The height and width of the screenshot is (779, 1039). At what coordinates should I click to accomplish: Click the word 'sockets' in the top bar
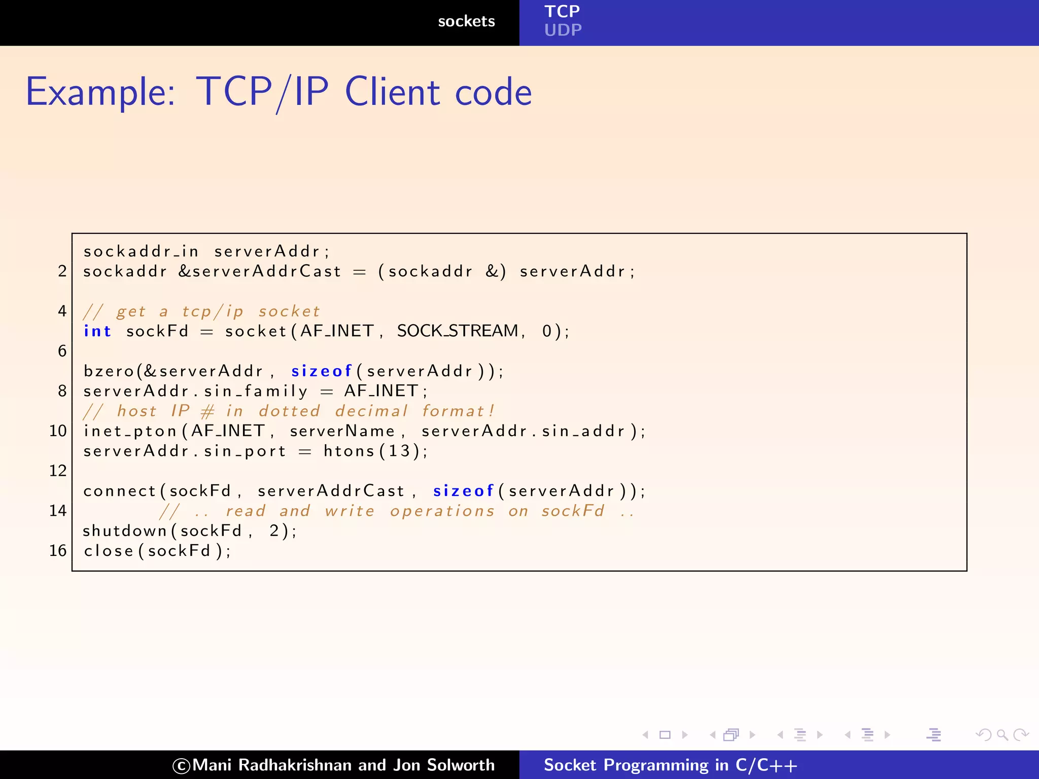click(x=466, y=21)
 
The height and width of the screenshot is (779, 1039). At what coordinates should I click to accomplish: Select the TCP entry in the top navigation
click(x=562, y=11)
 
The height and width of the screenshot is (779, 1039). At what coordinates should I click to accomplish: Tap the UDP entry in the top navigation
click(x=563, y=30)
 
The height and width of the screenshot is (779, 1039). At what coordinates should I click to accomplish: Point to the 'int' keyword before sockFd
click(x=97, y=331)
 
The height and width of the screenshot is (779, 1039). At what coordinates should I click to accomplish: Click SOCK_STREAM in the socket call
click(x=458, y=331)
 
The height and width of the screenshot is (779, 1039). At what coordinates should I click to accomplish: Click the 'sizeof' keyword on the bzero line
click(x=321, y=371)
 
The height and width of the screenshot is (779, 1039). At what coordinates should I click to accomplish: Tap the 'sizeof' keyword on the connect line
click(x=463, y=491)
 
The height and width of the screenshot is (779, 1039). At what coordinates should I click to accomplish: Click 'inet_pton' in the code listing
click(x=130, y=431)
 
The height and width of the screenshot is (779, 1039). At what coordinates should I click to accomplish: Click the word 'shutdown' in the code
click(x=125, y=531)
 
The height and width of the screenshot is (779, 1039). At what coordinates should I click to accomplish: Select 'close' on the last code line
click(x=109, y=551)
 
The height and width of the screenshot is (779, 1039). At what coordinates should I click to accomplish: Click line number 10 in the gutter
click(x=58, y=431)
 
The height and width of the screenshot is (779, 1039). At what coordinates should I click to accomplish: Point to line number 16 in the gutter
click(x=58, y=551)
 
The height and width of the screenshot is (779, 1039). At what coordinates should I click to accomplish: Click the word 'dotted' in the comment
click(x=289, y=411)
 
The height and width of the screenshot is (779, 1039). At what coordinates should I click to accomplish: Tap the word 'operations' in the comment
click(x=442, y=511)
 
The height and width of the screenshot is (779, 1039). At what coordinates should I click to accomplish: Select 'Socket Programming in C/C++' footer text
click(x=670, y=765)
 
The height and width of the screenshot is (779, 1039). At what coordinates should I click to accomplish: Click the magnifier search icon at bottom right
click(x=1002, y=734)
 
